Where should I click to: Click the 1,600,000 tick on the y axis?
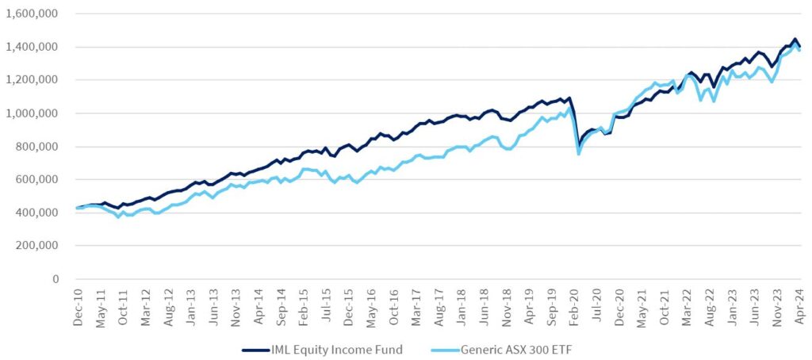[x=33, y=13]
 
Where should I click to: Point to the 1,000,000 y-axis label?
[x=33, y=113]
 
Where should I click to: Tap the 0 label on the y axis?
[x=56, y=279]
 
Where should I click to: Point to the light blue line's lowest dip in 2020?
[x=578, y=154]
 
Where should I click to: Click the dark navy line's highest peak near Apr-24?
[x=794, y=39]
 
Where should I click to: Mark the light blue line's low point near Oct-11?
[x=119, y=216]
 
